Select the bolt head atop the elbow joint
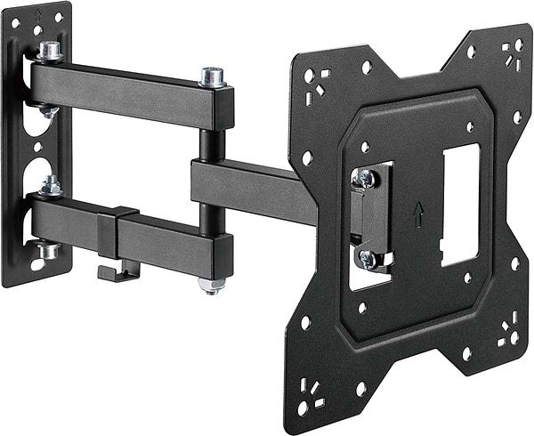click(212, 77)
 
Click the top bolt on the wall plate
click(49, 50)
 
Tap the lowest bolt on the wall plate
click(49, 251)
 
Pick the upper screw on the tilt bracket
click(365, 178)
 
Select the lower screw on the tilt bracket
click(367, 258)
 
